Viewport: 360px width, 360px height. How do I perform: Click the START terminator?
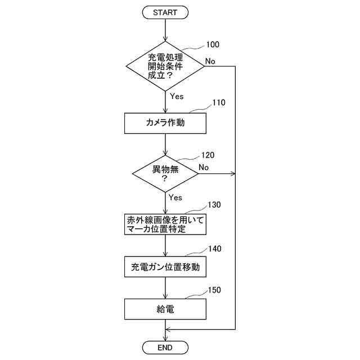(x=165, y=12)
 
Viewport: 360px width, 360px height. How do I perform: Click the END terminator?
(x=165, y=348)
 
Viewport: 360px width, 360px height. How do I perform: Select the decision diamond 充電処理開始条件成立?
(x=165, y=66)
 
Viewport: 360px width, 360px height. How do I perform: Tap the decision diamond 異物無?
(x=165, y=173)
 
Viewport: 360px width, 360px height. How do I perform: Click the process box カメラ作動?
(x=165, y=123)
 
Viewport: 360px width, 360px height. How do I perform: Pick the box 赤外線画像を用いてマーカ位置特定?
(x=165, y=224)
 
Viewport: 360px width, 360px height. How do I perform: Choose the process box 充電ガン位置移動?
(x=165, y=267)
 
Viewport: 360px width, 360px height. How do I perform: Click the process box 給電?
(x=165, y=309)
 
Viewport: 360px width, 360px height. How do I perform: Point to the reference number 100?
(x=213, y=44)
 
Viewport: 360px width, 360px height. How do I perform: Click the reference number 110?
(x=218, y=103)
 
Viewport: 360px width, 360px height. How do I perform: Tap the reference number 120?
(x=207, y=155)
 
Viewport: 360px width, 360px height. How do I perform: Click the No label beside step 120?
(x=204, y=167)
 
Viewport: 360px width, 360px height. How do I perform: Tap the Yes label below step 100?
(x=177, y=96)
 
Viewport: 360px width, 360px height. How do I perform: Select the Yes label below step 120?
(x=175, y=197)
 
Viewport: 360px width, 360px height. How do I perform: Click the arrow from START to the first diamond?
(x=165, y=30)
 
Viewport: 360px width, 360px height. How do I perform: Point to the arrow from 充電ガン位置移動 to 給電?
(x=165, y=288)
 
